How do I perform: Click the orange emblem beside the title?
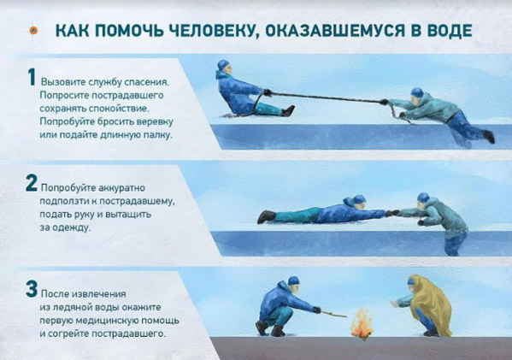[33, 31]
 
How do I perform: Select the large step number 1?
[32, 77]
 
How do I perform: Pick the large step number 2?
[32, 183]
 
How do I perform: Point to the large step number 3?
[32, 289]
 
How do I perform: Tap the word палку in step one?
[158, 135]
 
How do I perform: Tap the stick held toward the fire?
[334, 315]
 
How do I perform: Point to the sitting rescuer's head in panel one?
[224, 68]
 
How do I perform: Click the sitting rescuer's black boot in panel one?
[288, 111]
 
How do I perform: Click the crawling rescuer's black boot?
[267, 216]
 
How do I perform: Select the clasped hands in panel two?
[391, 213]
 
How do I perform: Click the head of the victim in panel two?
[423, 200]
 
